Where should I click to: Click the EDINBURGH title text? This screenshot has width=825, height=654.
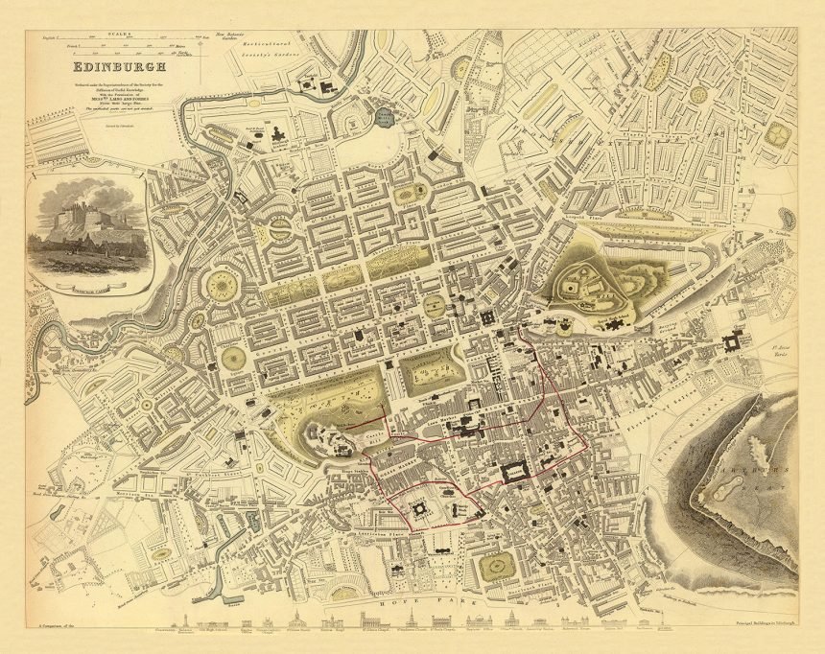point(118,67)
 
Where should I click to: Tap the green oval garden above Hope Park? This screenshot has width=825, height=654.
point(497,569)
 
